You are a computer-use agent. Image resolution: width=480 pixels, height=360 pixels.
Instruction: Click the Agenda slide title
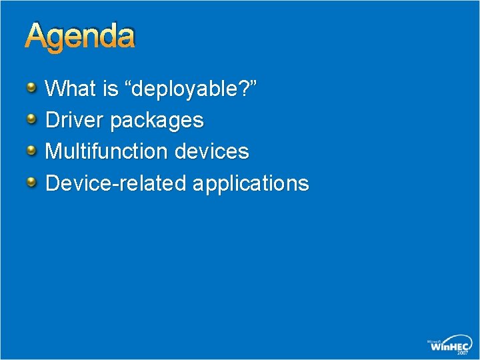click(80, 37)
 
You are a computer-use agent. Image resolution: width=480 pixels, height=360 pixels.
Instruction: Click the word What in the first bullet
click(71, 89)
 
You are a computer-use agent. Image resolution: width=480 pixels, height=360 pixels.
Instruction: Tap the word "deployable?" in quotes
click(191, 89)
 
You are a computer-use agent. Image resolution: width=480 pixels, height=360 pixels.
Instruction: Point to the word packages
click(157, 121)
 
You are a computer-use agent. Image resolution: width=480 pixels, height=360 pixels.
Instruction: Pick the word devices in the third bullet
click(211, 151)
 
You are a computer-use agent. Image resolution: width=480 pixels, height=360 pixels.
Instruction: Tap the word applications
click(251, 183)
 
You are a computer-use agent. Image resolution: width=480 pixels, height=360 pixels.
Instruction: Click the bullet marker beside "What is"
click(33, 87)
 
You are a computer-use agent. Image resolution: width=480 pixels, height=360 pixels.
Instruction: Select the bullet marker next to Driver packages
click(33, 119)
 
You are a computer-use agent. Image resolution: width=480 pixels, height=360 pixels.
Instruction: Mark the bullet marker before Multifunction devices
click(33, 150)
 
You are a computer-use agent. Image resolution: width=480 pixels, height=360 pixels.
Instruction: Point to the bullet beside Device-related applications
click(33, 181)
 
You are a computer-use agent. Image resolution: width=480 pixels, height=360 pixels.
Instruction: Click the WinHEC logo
click(449, 345)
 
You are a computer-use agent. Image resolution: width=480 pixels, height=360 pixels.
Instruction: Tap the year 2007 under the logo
click(463, 353)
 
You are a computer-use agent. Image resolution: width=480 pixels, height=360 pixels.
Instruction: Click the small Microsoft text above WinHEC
click(435, 340)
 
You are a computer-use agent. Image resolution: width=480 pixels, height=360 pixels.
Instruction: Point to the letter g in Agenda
click(57, 40)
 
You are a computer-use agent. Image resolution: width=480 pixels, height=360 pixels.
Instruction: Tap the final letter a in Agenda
click(125, 38)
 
